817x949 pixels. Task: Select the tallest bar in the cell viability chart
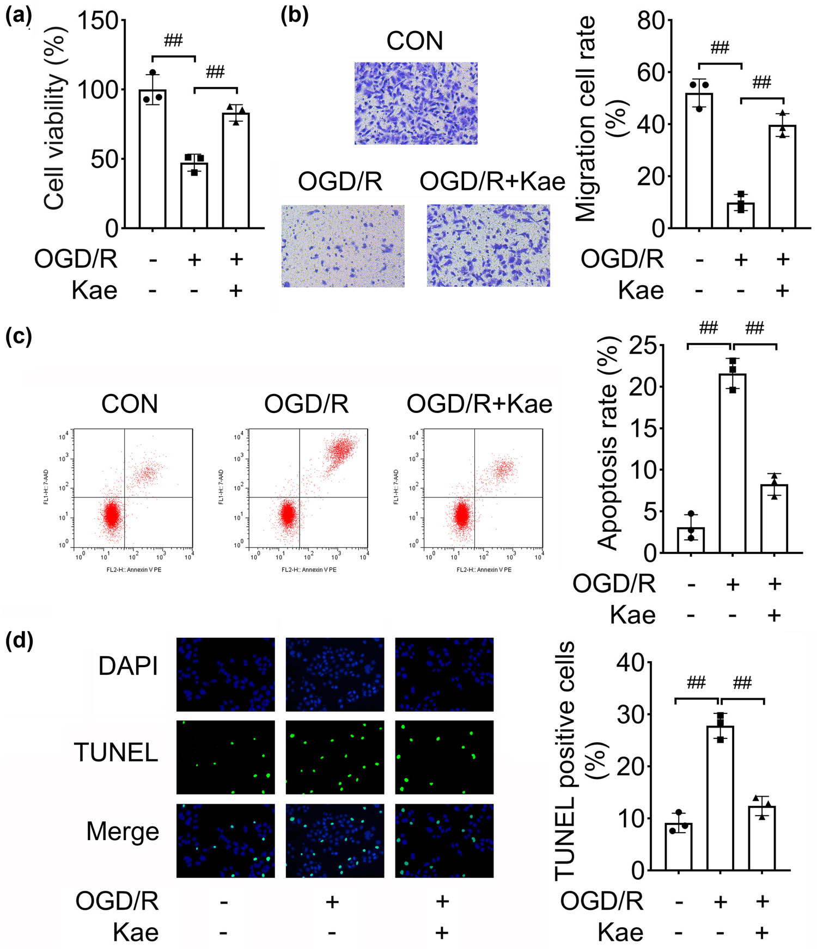[153, 158]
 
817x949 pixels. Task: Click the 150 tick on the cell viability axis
[98, 21]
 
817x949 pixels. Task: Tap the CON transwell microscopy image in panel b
[416, 103]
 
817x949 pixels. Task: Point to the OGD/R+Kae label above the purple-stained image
[492, 181]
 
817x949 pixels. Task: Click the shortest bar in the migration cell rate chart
[740, 215]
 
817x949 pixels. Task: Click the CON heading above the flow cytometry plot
[130, 404]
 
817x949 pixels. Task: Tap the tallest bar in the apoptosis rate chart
[733, 463]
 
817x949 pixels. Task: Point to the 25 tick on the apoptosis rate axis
[643, 346]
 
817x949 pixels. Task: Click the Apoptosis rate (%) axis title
[608, 443]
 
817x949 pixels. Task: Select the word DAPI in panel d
[128, 666]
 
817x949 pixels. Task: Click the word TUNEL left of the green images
[116, 753]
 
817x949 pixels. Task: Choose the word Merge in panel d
[123, 831]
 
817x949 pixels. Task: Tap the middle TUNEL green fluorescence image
[335, 757]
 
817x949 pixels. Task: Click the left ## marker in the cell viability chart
[173, 40]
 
